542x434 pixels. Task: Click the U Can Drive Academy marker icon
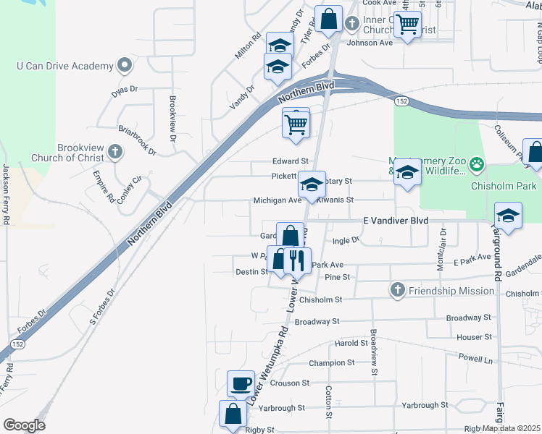coord(125,66)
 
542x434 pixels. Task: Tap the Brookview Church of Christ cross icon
coord(114,152)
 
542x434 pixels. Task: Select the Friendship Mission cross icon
coord(396,291)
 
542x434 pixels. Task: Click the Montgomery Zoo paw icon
coord(476,164)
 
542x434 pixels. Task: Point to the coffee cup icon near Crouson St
coord(241,383)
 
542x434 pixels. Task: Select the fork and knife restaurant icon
coord(297,260)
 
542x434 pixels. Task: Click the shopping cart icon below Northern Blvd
coord(296,124)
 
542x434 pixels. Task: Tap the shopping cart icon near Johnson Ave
coord(408,25)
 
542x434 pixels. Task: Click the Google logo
coord(24,425)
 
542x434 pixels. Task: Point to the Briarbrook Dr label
coord(138,140)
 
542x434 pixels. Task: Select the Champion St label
coord(331,362)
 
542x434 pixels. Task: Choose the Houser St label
coord(475,337)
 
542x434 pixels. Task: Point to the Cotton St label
coord(328,401)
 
